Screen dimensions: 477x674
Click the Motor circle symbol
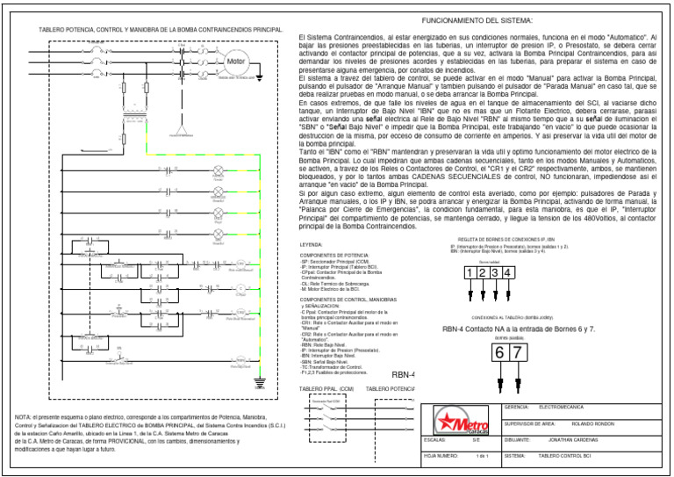(238, 63)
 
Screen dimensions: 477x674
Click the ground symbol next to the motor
(260, 77)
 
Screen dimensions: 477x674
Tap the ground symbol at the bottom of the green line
(283, 381)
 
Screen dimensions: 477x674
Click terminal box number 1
(470, 272)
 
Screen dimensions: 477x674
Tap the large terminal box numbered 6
(499, 352)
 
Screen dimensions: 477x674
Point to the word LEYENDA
(312, 244)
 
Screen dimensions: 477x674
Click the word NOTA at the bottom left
(25, 416)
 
